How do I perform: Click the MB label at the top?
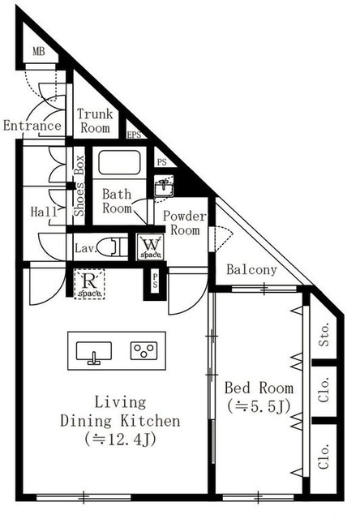pos(38,53)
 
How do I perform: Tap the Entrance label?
pos(32,126)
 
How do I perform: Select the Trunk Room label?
pos(95,121)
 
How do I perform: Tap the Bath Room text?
pos(117,201)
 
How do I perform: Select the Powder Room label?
pos(185,223)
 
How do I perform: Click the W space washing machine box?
pos(150,247)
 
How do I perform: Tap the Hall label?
pos(43,212)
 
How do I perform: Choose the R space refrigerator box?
pos(89,284)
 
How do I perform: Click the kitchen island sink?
pos(95,351)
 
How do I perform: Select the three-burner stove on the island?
pos(144,350)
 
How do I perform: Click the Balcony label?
pos(251,270)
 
